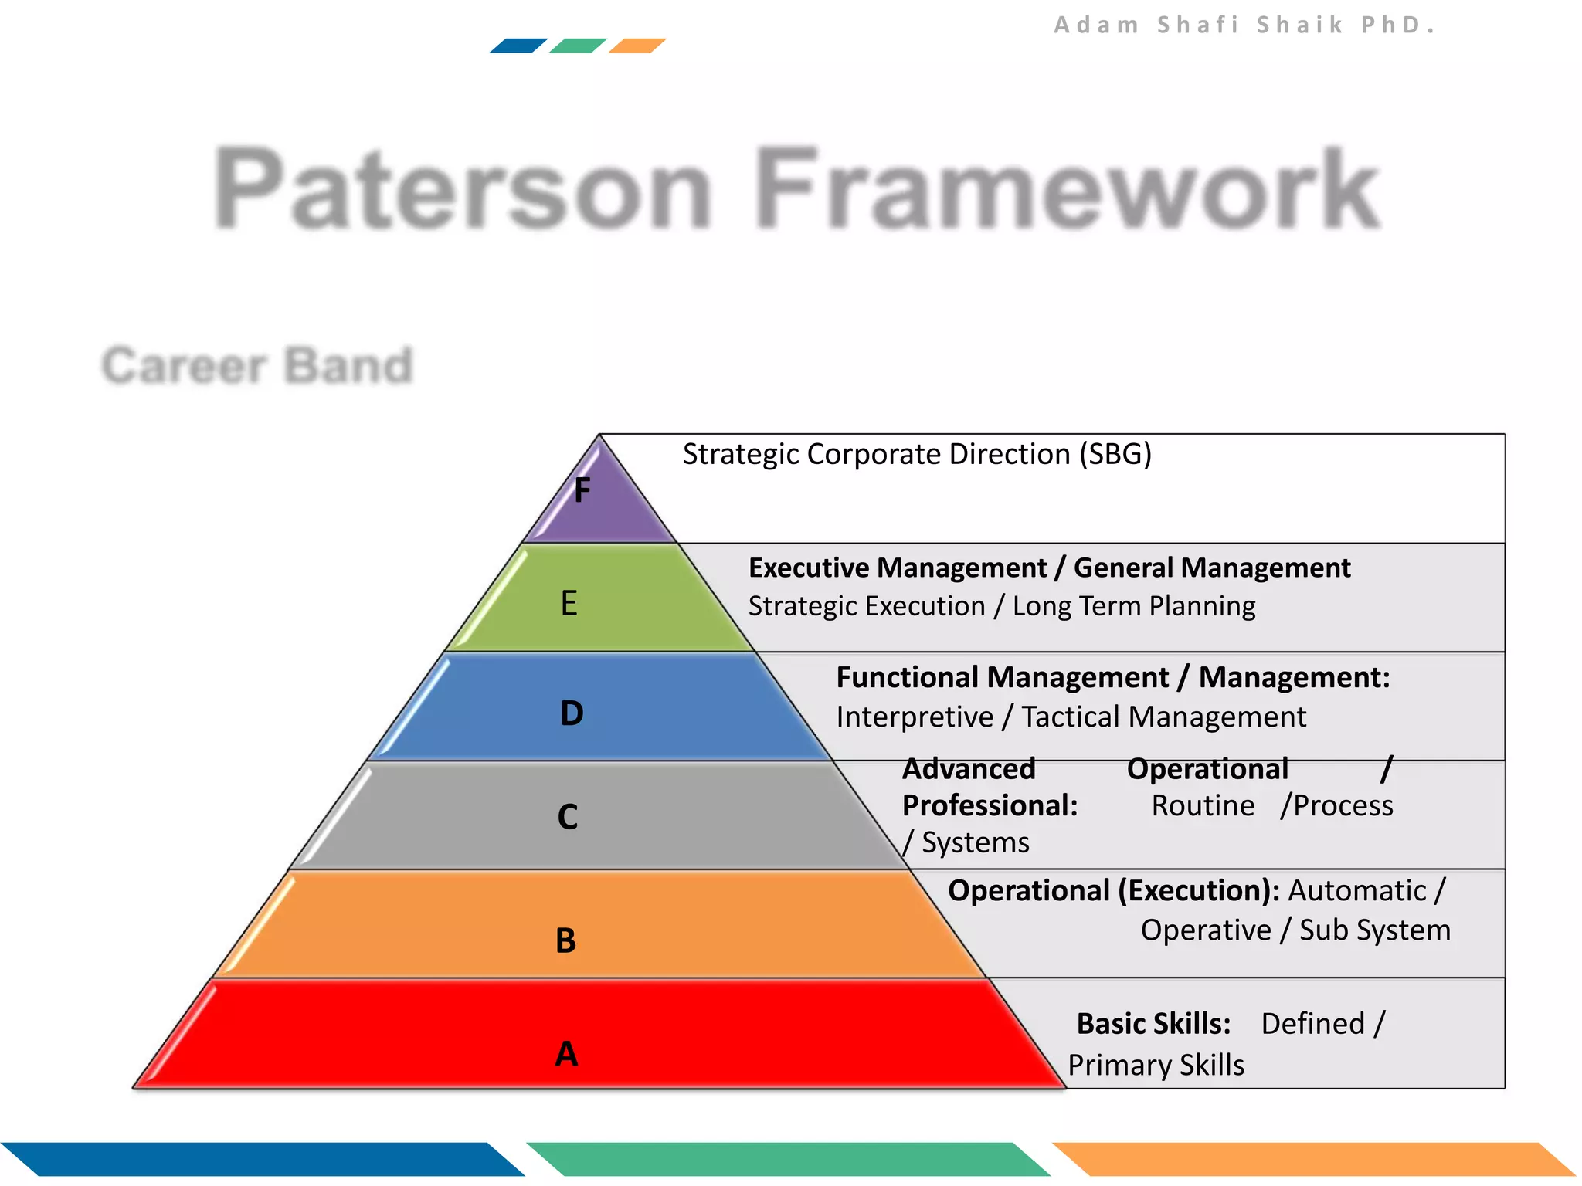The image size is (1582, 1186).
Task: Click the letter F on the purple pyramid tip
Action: click(582, 490)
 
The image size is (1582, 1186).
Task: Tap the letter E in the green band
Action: click(569, 603)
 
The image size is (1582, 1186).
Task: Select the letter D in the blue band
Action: click(572, 713)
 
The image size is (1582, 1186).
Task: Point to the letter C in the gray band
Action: click(568, 817)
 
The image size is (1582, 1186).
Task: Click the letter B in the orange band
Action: click(565, 940)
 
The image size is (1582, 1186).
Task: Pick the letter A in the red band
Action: click(566, 1054)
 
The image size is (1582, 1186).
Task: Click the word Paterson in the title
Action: click(462, 188)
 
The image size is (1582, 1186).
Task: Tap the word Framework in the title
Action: click(1066, 188)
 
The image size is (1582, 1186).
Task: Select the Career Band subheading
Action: click(257, 365)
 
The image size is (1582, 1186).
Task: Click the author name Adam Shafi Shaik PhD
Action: click(1244, 25)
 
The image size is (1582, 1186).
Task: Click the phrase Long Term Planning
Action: click(1133, 606)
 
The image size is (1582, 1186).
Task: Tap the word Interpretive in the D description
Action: click(915, 717)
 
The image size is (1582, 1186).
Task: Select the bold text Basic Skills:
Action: click(1153, 1024)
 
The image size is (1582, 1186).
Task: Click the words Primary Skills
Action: click(1156, 1066)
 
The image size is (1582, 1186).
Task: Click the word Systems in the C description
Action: click(975, 842)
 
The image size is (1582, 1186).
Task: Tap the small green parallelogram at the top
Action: click(577, 46)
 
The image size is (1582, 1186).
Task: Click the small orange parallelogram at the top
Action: click(637, 46)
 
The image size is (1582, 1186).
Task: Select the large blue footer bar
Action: click(263, 1159)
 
